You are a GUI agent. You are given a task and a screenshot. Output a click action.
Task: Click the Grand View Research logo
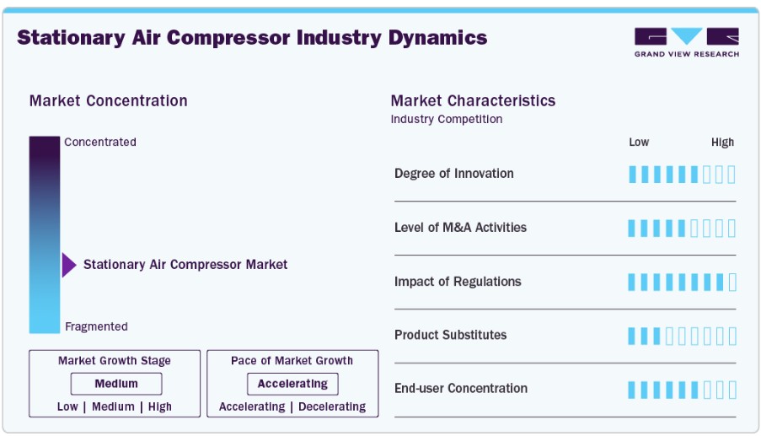686,43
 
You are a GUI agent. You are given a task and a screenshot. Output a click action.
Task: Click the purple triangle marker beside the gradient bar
69,265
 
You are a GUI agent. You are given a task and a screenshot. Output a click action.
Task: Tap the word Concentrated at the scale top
100,143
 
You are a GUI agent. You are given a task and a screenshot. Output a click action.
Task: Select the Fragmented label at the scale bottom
97,326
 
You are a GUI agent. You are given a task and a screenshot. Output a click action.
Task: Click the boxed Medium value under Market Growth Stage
116,384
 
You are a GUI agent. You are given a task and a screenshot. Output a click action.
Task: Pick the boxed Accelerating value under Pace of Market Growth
292,384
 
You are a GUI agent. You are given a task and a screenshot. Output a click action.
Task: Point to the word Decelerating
332,406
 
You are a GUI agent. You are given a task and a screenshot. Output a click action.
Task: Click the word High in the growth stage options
159,406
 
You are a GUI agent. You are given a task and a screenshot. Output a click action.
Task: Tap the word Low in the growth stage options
67,406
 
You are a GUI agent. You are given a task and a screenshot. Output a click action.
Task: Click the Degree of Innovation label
453,174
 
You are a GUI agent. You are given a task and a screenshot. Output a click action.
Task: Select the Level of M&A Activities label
460,228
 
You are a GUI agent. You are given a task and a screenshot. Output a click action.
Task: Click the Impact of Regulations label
458,282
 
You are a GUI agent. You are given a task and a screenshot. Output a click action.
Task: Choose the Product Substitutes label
450,335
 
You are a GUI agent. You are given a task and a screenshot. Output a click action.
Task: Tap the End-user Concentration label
461,389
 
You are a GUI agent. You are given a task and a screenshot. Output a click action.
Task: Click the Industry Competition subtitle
447,120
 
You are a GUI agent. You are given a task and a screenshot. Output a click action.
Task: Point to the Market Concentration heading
108,101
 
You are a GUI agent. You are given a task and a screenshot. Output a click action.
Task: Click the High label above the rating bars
723,143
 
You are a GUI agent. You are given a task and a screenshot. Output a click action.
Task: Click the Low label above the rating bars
639,143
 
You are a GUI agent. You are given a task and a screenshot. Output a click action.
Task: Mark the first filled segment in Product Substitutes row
631,336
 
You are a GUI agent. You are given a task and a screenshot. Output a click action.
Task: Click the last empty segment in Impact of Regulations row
732,282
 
